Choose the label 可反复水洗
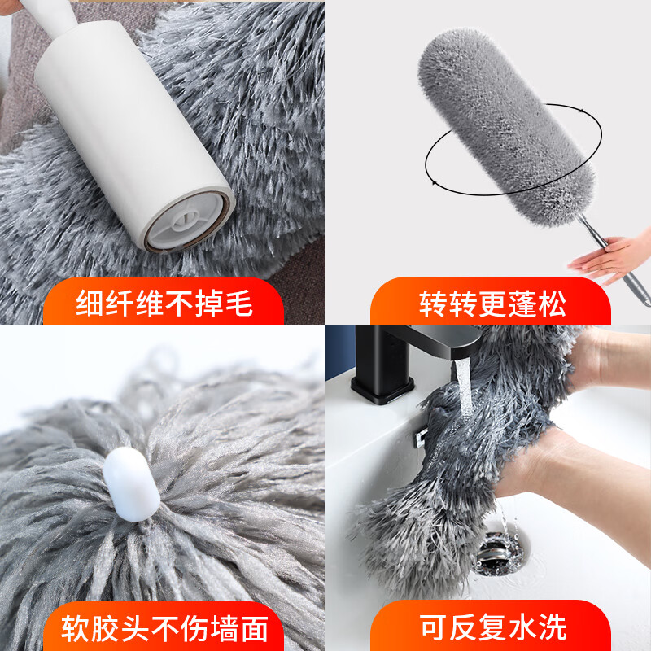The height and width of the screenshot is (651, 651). [x=492, y=627]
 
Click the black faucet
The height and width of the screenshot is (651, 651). [x=391, y=358]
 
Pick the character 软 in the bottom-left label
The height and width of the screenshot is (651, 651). [x=77, y=627]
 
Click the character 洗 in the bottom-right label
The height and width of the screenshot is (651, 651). [x=551, y=627]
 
